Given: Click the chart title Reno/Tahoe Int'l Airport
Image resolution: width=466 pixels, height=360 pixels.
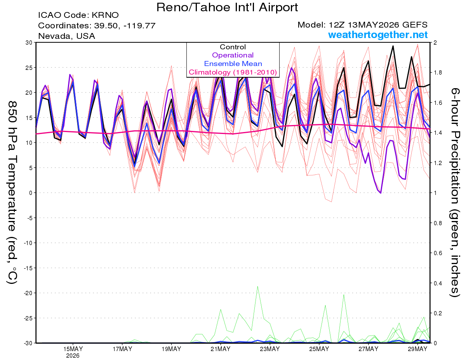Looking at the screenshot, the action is pos(227,7).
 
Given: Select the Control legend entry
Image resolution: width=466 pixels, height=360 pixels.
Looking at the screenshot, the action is pos(233,47).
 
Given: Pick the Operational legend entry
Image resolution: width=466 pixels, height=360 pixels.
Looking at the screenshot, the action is pos(233,55).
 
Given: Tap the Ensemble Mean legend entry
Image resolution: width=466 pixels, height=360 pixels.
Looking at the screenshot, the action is pos(233,64).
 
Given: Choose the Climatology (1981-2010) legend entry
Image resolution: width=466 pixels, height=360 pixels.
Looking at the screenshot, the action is pos(233,72).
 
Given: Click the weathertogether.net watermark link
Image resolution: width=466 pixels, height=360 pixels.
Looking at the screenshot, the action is pos(378,35).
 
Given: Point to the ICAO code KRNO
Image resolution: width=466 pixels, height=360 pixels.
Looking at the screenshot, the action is pos(105,15).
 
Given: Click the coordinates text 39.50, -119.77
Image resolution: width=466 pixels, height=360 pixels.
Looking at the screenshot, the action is pos(125,26).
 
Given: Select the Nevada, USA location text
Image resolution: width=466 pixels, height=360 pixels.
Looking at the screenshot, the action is pos(66,36).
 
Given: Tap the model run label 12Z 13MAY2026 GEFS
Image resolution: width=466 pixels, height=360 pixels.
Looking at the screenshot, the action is pos(378,25).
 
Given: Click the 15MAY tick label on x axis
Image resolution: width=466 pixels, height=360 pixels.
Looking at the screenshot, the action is pos(73,349).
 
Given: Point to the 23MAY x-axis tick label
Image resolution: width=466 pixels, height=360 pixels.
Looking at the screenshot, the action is pos(270,349).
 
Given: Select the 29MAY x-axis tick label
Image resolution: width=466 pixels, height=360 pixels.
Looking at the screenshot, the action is pos(417,349).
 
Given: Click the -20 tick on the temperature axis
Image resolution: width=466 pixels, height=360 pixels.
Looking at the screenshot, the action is pos(28,293).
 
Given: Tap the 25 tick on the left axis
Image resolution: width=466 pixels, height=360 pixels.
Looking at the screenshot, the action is pos(29,68).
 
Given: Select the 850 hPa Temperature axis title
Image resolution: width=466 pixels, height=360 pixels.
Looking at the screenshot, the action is pos(12,193).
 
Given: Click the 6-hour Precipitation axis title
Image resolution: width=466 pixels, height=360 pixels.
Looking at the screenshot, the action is pos(454,193).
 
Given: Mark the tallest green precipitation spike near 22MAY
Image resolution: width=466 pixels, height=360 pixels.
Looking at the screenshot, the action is pos(257,287).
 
